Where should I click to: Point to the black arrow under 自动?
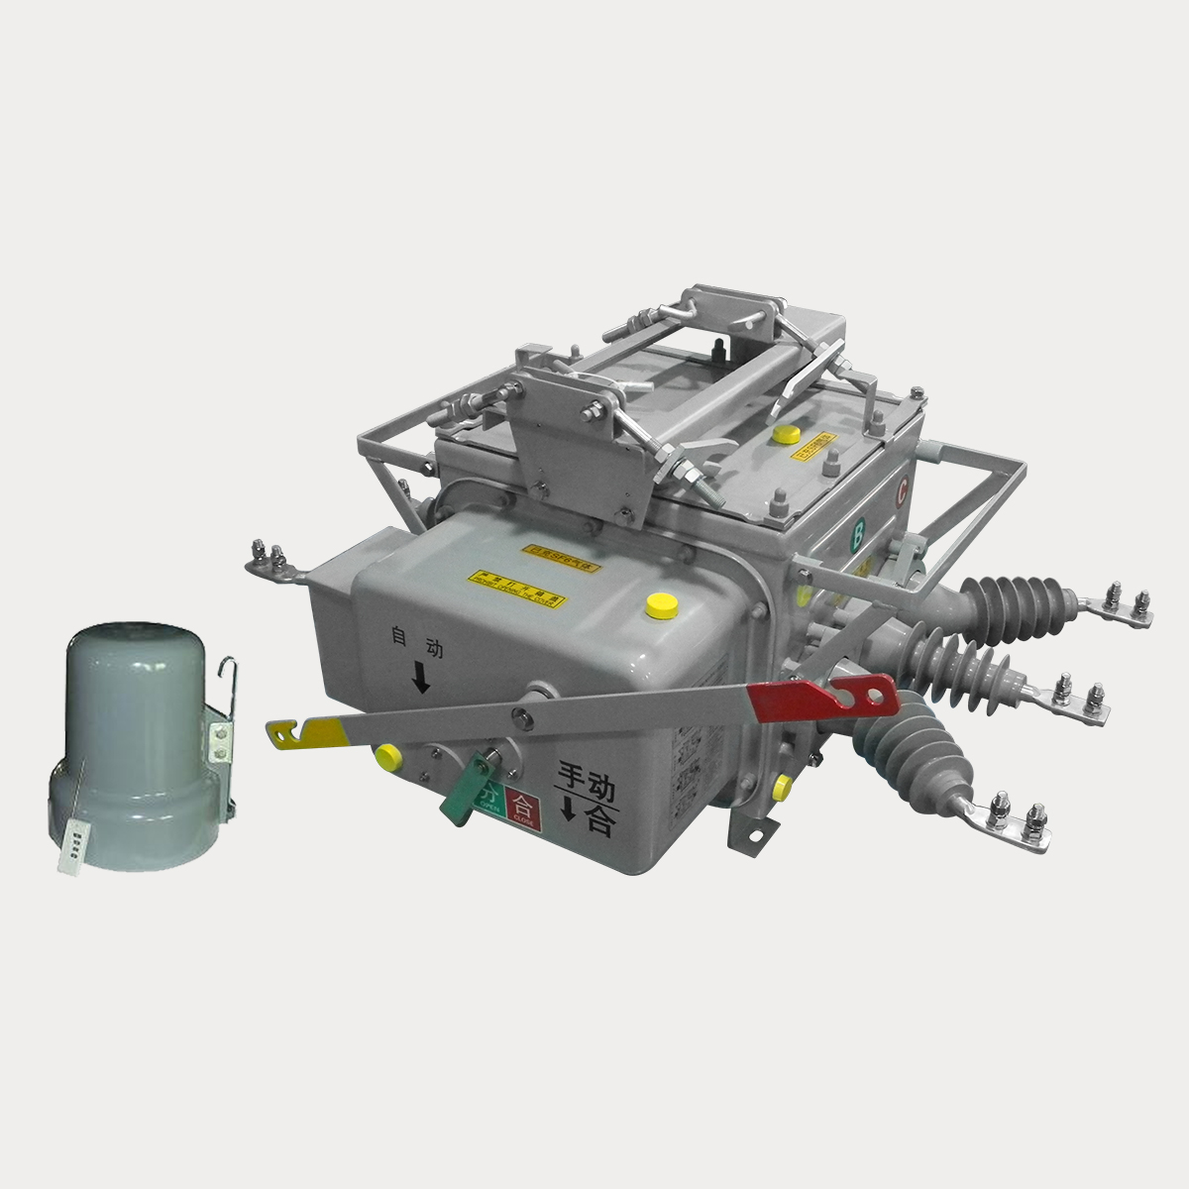click(x=421, y=678)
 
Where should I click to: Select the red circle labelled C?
click(x=902, y=488)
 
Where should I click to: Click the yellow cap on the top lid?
click(x=788, y=434)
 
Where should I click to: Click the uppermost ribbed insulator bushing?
click(x=1011, y=598)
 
